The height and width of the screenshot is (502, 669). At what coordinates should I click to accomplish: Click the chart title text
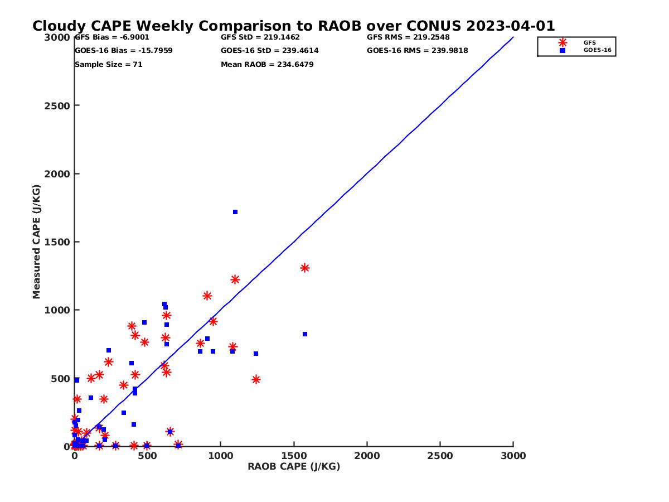click(293, 26)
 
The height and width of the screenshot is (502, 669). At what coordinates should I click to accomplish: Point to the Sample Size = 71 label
click(108, 65)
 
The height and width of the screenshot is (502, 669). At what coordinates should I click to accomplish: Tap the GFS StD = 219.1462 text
click(260, 37)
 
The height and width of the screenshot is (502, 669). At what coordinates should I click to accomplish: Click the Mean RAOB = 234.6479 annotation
click(267, 65)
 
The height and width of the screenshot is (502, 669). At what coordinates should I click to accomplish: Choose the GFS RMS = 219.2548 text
click(408, 37)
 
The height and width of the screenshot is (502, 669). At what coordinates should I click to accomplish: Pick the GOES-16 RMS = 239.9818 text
click(417, 51)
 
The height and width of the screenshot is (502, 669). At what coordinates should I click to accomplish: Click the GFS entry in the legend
click(589, 42)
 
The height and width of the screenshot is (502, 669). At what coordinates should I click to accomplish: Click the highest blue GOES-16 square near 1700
click(235, 212)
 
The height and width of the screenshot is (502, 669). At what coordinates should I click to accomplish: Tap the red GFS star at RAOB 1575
click(305, 268)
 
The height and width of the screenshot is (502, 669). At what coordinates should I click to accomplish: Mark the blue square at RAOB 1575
click(305, 334)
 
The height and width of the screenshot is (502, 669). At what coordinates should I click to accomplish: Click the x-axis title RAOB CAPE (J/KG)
click(294, 467)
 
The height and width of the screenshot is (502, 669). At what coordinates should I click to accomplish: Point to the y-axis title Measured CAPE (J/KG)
click(37, 242)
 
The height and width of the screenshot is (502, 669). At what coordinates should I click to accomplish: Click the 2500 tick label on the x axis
click(440, 456)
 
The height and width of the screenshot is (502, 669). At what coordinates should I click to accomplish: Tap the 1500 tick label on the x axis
click(294, 456)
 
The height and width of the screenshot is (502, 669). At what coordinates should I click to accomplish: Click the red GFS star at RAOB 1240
click(256, 379)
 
